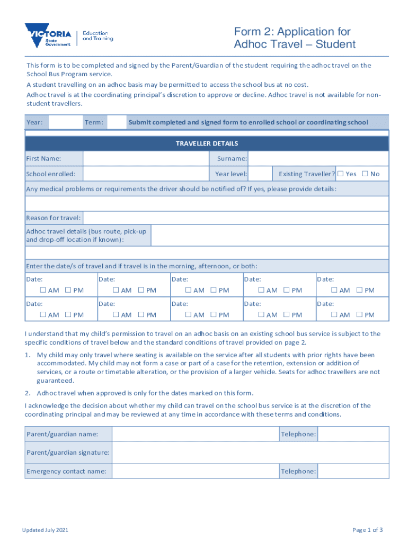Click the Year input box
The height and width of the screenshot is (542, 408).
coord(66,122)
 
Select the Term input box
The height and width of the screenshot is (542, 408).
coord(117,122)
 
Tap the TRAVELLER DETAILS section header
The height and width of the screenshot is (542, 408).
coord(207,143)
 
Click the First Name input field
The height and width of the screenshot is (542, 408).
coord(145,159)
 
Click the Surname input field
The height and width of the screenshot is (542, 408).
coord(318,159)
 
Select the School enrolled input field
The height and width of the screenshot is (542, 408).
coord(145,174)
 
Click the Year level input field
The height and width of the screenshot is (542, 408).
coord(260,174)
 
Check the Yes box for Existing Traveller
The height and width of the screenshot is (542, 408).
coord(341,174)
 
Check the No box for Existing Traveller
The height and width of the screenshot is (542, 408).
coord(365,174)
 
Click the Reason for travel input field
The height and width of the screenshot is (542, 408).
coord(236,218)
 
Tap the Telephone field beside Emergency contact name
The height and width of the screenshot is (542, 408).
coord(353,471)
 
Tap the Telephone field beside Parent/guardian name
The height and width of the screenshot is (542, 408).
coord(353,434)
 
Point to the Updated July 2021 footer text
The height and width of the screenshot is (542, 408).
coord(45,530)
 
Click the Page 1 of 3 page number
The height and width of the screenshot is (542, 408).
coord(367,530)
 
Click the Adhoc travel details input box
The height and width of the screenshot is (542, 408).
coord(270,236)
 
